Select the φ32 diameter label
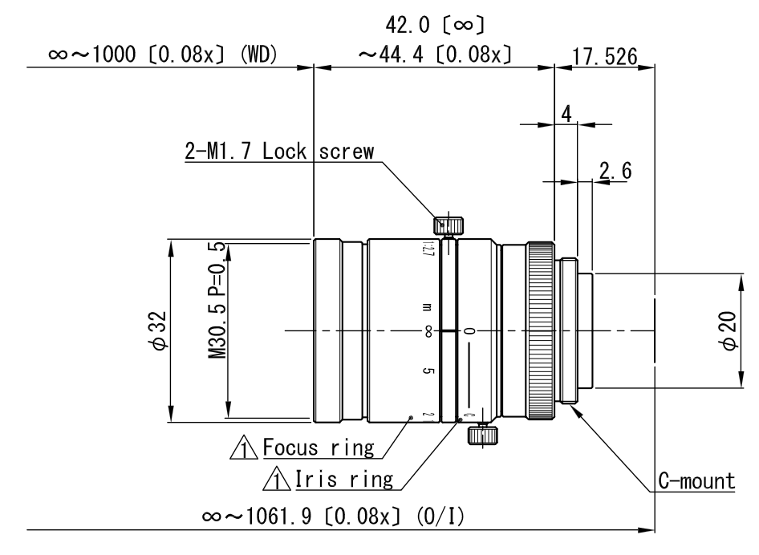click(161, 330)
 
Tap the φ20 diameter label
click(729, 330)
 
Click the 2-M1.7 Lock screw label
click(279, 153)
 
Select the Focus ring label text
click(319, 448)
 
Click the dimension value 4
click(566, 114)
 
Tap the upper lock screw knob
click(448, 224)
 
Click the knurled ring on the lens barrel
click(539, 330)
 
